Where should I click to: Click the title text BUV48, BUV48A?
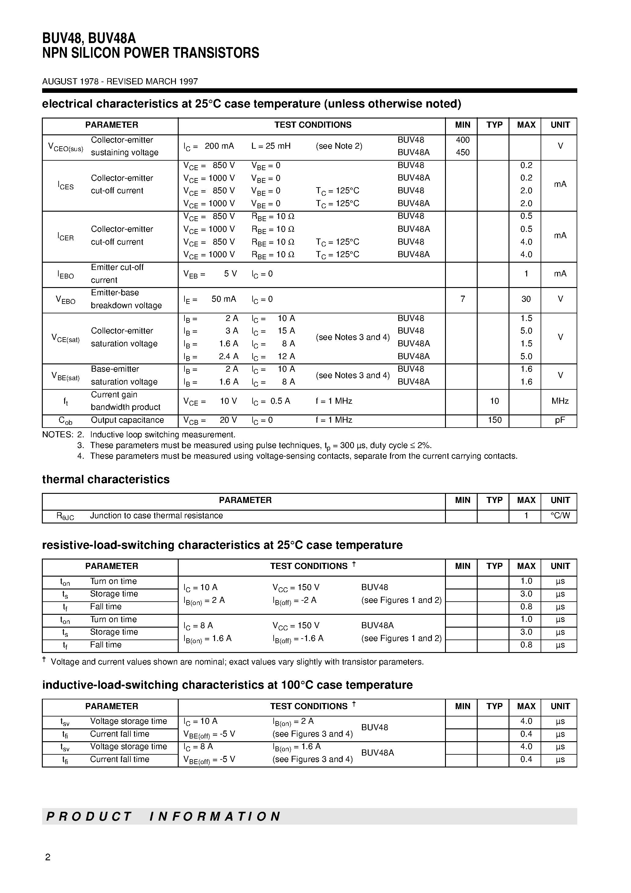coord(89,38)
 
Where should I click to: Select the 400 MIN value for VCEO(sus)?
coord(462,140)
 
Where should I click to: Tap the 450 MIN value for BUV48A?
coord(462,152)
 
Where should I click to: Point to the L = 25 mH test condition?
coord(271,146)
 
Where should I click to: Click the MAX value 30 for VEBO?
coord(526,299)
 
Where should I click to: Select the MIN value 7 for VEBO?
coord(462,299)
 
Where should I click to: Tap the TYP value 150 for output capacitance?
coord(494,420)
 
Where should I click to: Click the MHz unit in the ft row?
coord(560,401)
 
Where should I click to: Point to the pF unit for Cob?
coord(560,420)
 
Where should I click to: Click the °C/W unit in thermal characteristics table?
coord(560,516)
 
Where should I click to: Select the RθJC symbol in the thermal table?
coord(65,516)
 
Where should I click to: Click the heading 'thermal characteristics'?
coord(106,479)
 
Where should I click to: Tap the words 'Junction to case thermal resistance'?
coord(156,516)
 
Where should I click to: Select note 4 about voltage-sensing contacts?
coord(304,456)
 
